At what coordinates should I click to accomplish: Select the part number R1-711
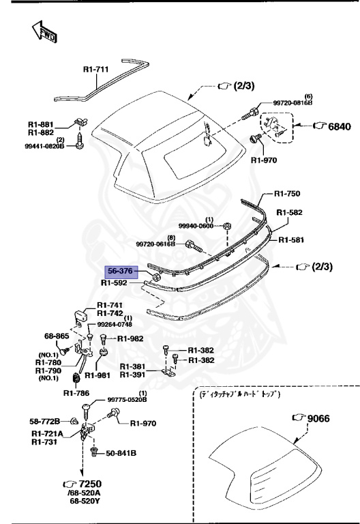[96, 69]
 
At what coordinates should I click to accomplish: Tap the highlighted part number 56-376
[121, 272]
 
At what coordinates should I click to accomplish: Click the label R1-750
[287, 194]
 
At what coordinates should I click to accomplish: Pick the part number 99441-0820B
[45, 146]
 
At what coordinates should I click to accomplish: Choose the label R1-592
[115, 282]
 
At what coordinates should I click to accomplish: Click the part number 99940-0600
[196, 225]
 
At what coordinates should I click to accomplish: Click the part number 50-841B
[121, 453]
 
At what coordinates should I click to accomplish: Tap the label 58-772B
[45, 421]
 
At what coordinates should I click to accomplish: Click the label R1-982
[130, 338]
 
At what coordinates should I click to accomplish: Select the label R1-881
[41, 124]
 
